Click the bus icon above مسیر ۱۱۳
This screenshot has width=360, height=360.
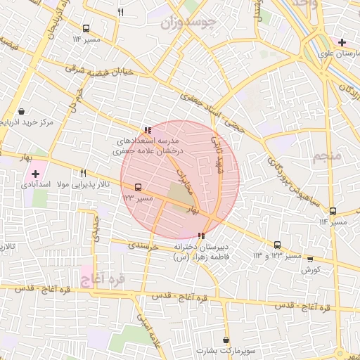click(x=86, y=29)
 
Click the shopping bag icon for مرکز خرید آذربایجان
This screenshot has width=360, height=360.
click(x=22, y=112)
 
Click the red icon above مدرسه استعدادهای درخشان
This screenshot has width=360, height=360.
click(x=147, y=130)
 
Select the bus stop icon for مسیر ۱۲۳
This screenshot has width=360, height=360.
click(x=138, y=188)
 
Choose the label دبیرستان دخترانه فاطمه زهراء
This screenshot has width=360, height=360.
click(x=203, y=252)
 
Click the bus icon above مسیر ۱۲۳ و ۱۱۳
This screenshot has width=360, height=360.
click(x=277, y=245)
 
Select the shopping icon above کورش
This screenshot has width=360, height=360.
click(x=310, y=259)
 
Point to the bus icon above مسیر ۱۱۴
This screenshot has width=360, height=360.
click(x=333, y=212)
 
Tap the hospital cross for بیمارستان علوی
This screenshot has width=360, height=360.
click(x=342, y=43)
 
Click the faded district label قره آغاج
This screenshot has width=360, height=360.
click(x=103, y=280)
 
